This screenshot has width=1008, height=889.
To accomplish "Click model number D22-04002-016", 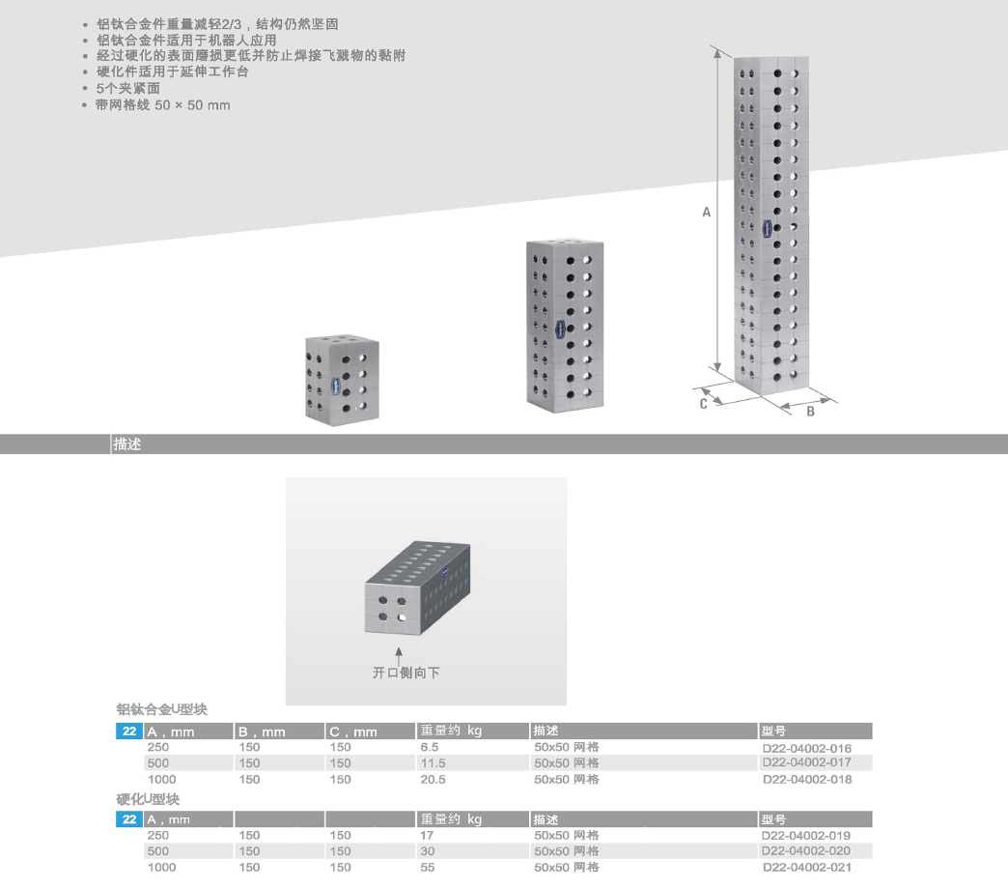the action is click(807, 748).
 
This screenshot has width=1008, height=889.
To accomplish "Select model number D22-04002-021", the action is click(807, 867).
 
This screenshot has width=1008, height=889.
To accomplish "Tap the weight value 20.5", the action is click(433, 779).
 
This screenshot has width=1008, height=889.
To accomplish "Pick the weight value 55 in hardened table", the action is click(428, 867).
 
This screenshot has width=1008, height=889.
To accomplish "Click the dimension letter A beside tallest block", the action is click(706, 213).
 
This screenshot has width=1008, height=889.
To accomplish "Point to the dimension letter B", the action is click(811, 411).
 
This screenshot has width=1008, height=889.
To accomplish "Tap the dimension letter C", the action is click(703, 404).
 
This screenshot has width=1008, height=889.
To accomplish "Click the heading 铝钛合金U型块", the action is click(162, 709).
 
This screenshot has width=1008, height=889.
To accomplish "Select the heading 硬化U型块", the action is click(148, 799).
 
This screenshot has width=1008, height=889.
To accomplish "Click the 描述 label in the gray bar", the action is click(127, 444).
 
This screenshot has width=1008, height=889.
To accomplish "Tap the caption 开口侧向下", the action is click(406, 673).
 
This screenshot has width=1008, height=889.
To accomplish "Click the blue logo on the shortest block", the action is click(335, 386).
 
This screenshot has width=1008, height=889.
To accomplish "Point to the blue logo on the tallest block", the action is click(767, 228).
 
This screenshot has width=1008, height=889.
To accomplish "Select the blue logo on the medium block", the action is click(560, 329).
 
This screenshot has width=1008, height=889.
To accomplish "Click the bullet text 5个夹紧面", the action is click(127, 88).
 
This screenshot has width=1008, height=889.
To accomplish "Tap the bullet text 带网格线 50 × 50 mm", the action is click(163, 105).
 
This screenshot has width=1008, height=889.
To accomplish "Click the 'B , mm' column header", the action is click(262, 731).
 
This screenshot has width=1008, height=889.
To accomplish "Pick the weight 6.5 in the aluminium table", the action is click(430, 747).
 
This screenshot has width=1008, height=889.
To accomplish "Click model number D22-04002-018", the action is click(807, 779).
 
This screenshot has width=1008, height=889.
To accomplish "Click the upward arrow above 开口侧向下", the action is click(399, 656).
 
